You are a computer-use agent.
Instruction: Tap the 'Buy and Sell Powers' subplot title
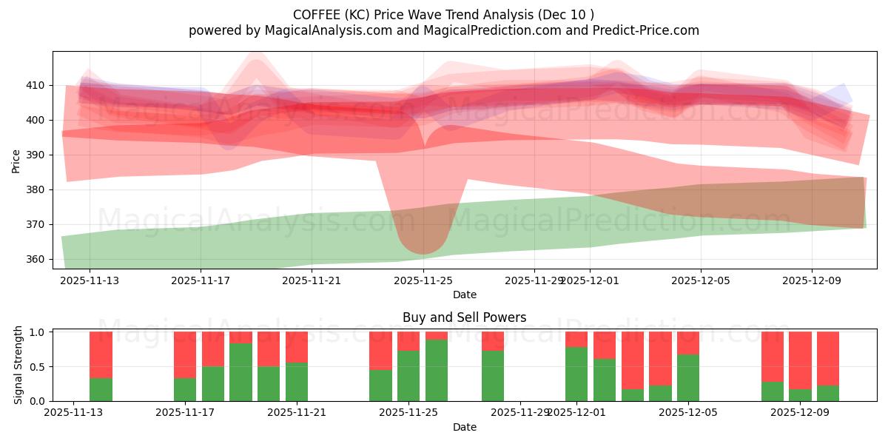coord(465,317)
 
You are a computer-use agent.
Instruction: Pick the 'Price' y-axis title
coord(16,161)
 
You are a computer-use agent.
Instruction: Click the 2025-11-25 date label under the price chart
coord(423,280)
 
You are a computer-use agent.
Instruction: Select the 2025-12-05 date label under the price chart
coord(701,280)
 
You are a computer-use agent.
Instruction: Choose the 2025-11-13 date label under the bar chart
coord(73,413)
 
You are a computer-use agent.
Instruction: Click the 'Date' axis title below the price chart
coord(465,295)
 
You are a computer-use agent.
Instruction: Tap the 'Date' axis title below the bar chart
coord(465,427)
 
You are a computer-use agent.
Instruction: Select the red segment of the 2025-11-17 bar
coord(185,354)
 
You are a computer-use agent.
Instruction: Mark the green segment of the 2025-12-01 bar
coord(576,374)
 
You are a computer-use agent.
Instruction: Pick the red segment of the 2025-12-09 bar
coord(800,360)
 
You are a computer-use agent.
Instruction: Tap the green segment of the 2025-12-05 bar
coord(688,377)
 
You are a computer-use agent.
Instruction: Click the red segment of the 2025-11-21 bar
coord(297,346)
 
